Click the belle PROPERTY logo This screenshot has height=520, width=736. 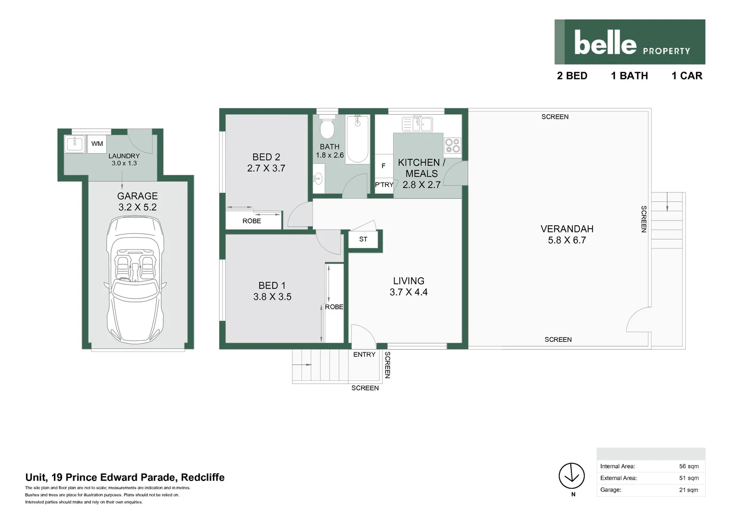(630, 42)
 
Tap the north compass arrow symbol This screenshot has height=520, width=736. (571, 476)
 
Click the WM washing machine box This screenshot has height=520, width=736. (97, 143)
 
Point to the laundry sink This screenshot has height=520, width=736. (75, 143)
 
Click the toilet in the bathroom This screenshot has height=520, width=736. (328, 128)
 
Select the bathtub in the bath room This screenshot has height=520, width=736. (357, 139)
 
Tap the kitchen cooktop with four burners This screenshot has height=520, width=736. (452, 145)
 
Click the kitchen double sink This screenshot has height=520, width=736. (417, 124)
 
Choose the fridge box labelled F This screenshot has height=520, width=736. (383, 166)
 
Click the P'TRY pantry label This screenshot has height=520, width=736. (384, 185)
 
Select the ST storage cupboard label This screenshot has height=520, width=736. (363, 239)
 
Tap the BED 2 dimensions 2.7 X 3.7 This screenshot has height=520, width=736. (266, 169)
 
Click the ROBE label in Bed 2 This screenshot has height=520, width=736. (251, 221)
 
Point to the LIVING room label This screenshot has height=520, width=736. (408, 281)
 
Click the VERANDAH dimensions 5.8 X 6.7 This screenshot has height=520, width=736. (566, 240)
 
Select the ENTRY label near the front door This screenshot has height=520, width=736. (364, 354)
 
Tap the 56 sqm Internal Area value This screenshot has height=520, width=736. (689, 466)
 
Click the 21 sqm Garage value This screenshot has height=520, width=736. (689, 490)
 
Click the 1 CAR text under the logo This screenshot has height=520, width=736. (687, 76)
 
